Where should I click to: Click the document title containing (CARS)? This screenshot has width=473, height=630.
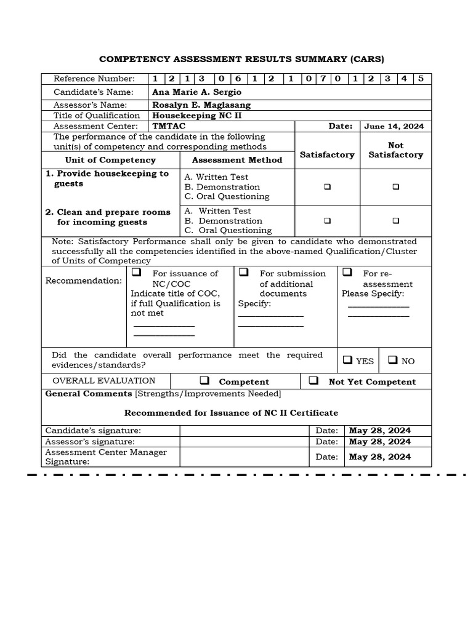[241, 59]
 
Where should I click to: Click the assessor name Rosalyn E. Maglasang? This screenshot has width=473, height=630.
[201, 105]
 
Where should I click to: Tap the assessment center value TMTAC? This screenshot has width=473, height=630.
[169, 126]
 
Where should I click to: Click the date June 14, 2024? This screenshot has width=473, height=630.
[394, 126]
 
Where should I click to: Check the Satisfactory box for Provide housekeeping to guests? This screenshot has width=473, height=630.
[327, 186]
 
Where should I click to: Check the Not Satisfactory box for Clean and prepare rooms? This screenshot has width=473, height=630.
[395, 220]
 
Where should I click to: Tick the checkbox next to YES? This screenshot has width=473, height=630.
[347, 361]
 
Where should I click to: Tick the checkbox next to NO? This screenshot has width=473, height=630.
[393, 361]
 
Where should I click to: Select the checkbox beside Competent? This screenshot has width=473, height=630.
[204, 381]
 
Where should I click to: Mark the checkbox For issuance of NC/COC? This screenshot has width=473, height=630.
[136, 273]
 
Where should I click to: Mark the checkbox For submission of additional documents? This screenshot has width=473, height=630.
[244, 273]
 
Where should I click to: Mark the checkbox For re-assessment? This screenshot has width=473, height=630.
[347, 273]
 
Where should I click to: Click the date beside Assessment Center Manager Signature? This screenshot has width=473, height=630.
[380, 457]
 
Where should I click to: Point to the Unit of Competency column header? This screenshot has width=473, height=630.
[110, 160]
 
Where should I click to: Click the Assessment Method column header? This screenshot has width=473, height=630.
[237, 160]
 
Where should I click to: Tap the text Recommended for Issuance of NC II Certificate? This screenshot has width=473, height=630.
[231, 413]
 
